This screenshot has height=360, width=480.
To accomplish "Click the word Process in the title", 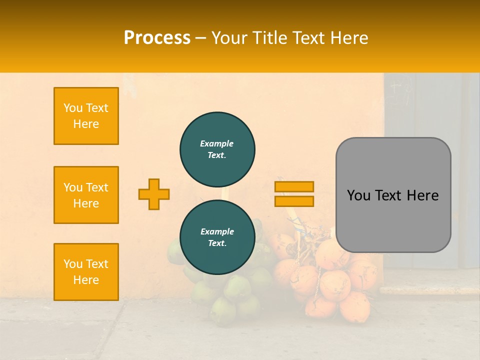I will click(157, 38).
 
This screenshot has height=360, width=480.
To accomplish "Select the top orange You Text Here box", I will click(86, 116).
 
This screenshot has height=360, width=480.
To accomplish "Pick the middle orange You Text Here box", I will click(86, 195).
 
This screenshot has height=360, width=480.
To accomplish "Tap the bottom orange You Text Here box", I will click(86, 271).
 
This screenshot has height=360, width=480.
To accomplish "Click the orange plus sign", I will click(154, 194).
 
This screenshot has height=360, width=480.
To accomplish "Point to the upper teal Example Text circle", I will click(217, 149).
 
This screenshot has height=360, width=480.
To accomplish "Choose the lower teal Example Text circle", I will click(217, 237).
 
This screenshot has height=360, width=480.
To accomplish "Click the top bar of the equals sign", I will click(294, 186).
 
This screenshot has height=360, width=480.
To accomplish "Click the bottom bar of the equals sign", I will click(294, 201).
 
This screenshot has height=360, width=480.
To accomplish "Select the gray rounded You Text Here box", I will click(393, 194).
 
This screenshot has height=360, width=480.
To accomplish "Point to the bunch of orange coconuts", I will click(330, 280).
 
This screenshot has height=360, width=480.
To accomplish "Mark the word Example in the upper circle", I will click(217, 143).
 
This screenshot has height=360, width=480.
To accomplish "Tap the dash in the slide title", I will click(200, 38).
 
